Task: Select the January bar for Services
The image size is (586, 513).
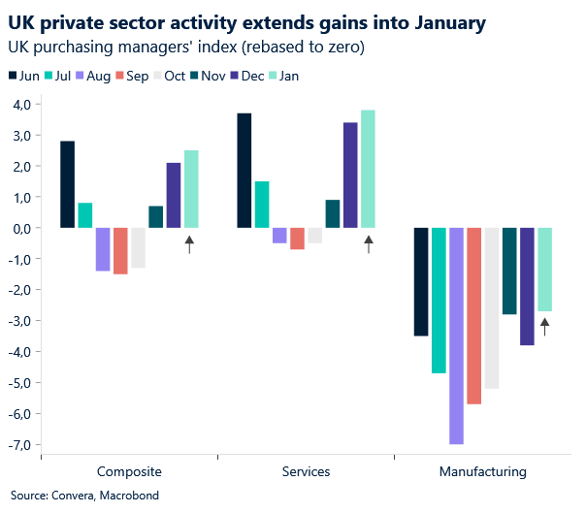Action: (x=368, y=169)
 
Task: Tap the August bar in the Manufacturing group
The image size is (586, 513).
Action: (x=456, y=336)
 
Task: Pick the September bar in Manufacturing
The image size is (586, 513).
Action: (x=473, y=315)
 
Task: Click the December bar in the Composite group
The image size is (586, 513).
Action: (x=174, y=195)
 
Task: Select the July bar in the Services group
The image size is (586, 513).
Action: (x=262, y=205)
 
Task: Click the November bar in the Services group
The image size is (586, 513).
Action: (x=333, y=213)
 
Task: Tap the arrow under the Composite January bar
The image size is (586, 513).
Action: (x=190, y=244)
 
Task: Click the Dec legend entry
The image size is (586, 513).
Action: (x=247, y=77)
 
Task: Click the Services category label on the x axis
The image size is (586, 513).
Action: (x=306, y=472)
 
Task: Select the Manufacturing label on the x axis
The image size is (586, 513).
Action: (x=482, y=472)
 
